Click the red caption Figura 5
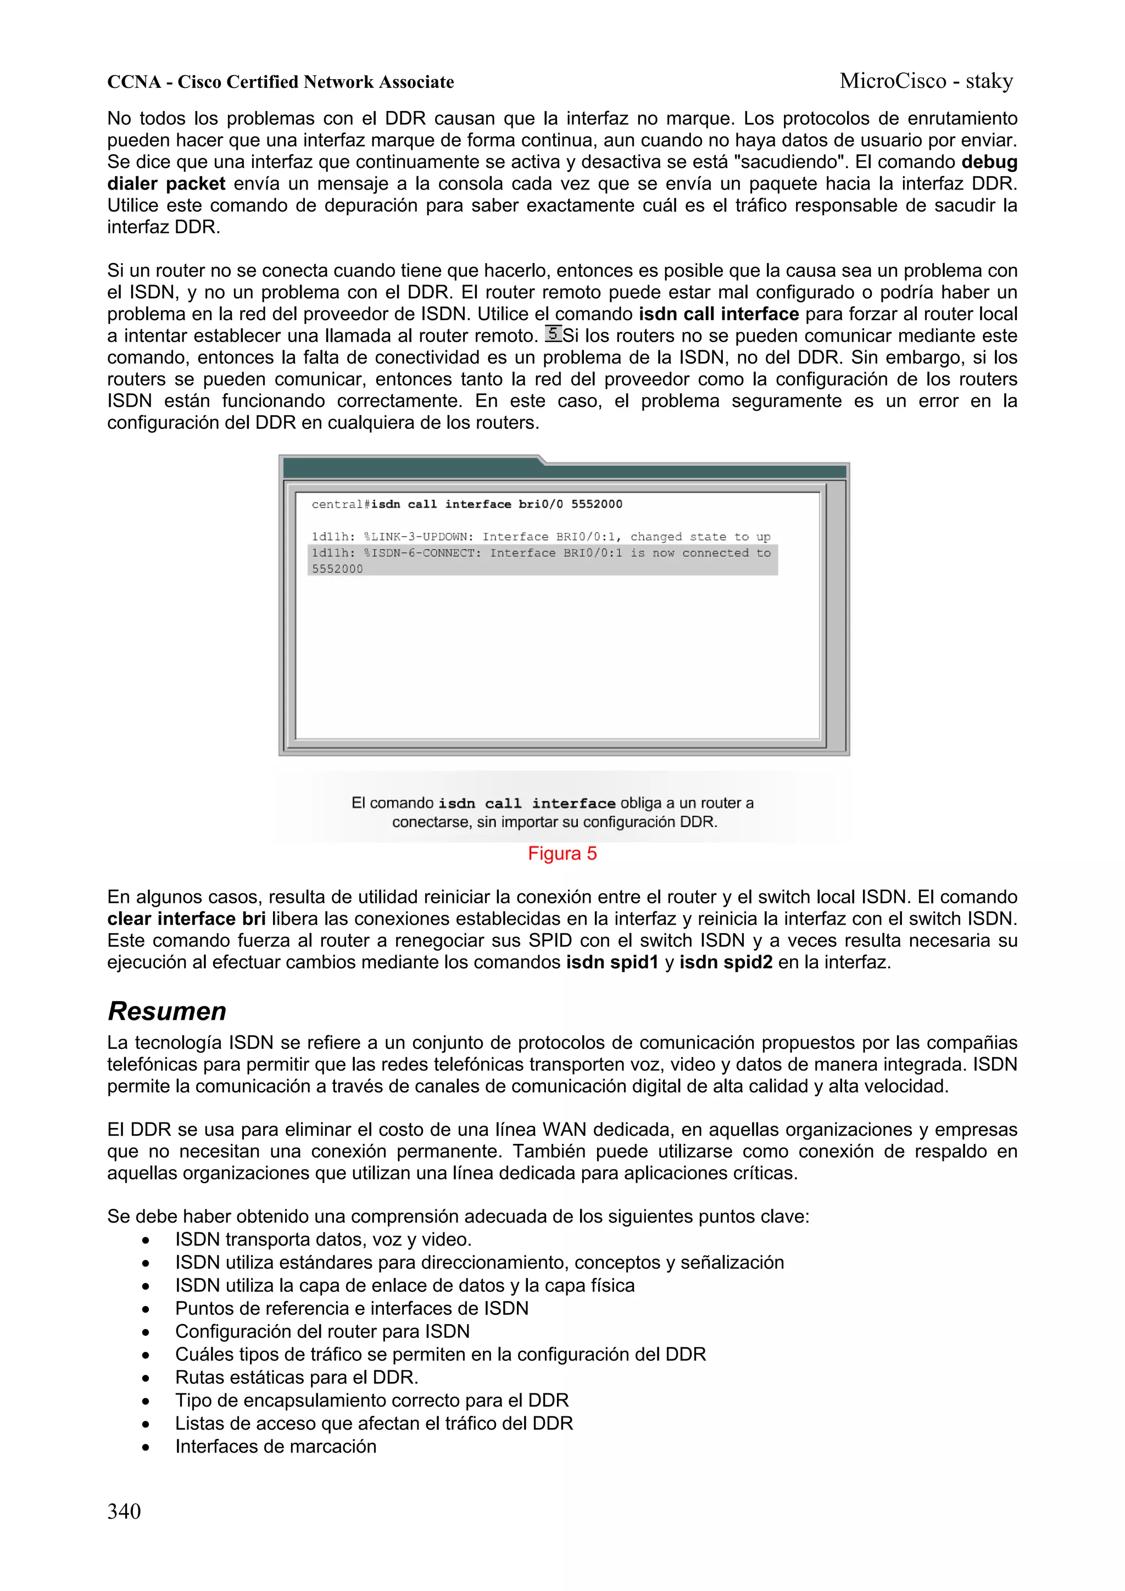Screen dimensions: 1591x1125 tap(561, 853)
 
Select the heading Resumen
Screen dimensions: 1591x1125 tap(167, 1011)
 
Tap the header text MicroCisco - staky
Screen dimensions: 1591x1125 tap(926, 81)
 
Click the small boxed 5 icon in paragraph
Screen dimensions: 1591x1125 tap(553, 334)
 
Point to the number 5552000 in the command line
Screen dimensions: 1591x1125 tap(596, 504)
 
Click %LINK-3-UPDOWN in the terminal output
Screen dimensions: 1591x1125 tap(419, 537)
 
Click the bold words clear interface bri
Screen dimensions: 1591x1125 tap(186, 918)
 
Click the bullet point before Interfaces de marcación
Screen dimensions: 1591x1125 tap(146, 1447)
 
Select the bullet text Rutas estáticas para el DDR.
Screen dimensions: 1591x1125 tap(296, 1377)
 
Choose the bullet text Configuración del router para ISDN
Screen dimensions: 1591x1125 tap(322, 1331)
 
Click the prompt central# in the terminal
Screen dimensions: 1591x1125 tap(341, 504)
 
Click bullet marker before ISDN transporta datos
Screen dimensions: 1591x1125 tap(146, 1240)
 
